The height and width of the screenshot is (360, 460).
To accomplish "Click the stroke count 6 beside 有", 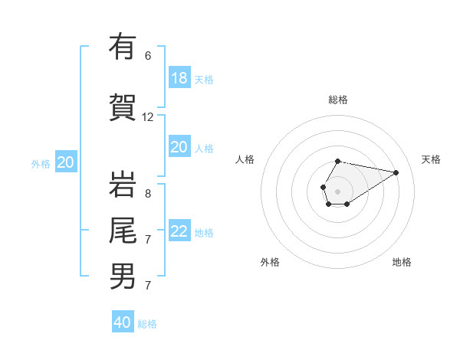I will (148, 56).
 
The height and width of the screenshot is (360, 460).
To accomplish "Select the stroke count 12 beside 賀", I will (148, 117).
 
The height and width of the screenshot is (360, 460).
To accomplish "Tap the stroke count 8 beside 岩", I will (148, 194).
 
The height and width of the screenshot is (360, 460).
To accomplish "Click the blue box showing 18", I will (179, 78).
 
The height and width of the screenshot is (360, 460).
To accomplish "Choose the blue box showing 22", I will (179, 231).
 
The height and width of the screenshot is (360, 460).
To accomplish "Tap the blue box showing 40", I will (123, 322).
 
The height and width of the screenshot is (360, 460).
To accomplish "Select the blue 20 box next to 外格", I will (66, 162).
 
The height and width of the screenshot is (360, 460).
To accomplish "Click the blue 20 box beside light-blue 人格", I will (179, 147).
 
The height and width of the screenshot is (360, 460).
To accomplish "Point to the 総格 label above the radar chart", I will (338, 100).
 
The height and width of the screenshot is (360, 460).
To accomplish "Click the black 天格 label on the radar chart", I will (432, 159).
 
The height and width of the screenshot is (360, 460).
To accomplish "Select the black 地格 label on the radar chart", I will (402, 262).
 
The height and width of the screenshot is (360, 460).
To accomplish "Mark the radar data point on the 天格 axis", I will (396, 172).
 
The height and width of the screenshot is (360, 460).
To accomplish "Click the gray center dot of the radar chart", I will (338, 190).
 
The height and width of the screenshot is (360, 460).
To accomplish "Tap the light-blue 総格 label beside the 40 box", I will (147, 324).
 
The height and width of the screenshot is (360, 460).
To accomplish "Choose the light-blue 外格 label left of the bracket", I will (41, 163).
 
